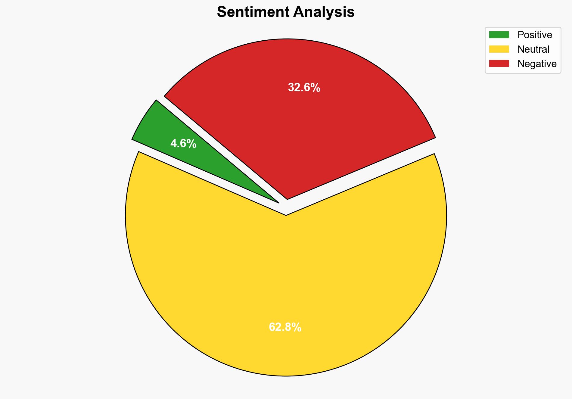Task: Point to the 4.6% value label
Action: coord(183,144)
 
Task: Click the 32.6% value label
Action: coord(304,88)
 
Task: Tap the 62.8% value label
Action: coord(285,327)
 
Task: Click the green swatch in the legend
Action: coord(499,35)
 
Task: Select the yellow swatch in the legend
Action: coord(499,49)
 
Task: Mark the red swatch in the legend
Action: coord(499,64)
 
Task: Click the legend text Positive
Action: coord(535,35)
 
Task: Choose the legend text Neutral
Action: coord(533,49)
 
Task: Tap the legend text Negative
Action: coord(537,64)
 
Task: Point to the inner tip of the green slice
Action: coord(278,202)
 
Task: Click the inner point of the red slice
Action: coord(287,199)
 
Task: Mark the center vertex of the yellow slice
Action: coord(286,215)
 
